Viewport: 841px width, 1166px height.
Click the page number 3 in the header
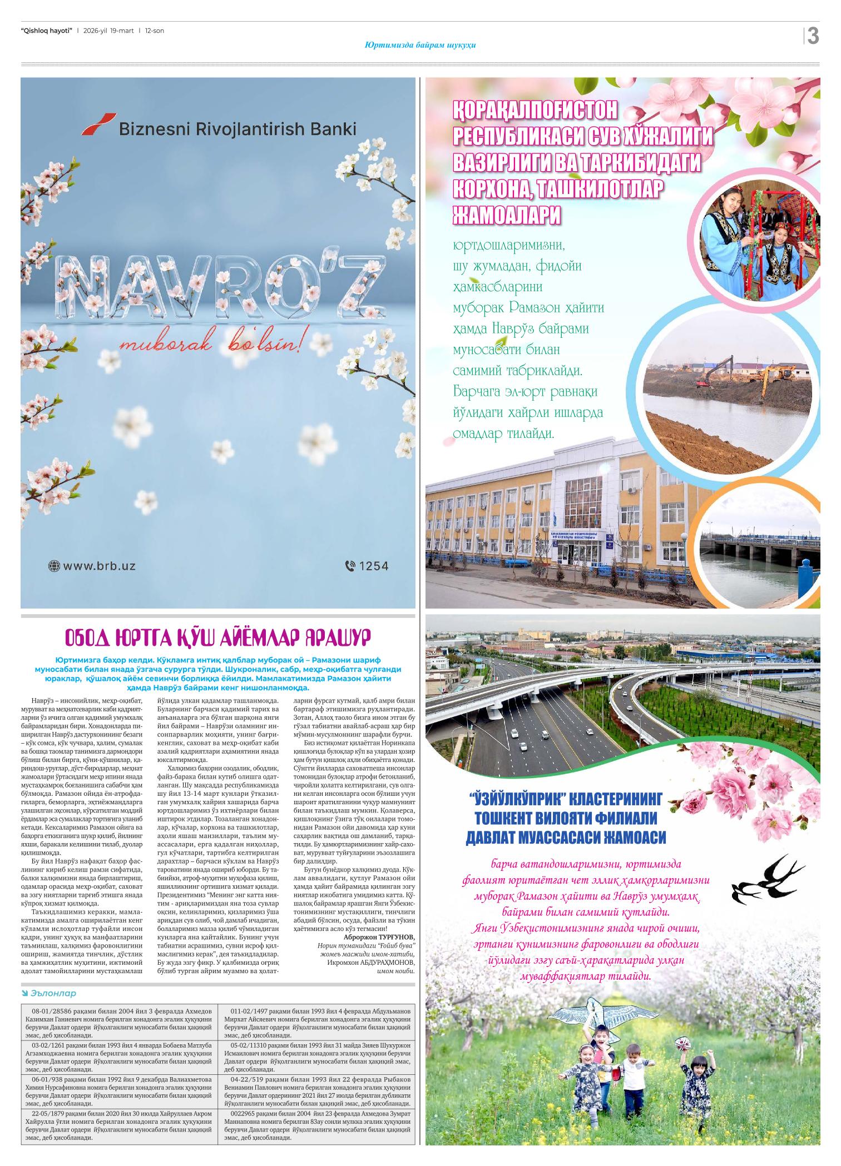tap(813, 36)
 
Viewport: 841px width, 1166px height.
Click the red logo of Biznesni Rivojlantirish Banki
tap(98, 124)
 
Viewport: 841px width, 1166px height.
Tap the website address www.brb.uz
tap(99, 566)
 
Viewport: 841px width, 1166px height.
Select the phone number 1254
tap(374, 566)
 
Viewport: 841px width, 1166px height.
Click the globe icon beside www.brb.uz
tap(54, 566)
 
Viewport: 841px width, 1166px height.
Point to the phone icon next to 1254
tap(350, 566)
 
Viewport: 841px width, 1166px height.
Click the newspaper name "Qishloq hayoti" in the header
tap(46, 31)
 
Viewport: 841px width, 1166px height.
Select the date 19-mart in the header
tap(121, 31)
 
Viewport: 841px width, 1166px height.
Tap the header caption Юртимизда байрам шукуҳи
tap(420, 45)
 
